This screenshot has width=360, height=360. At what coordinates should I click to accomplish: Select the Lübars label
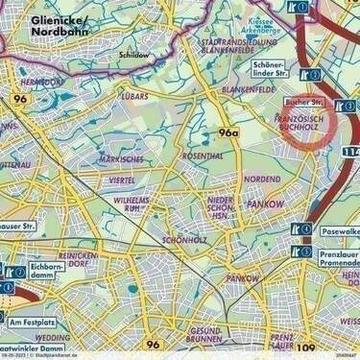point(134,96)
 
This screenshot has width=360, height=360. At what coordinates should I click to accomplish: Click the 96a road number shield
point(228,132)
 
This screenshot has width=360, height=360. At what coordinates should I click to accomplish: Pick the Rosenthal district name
point(203,155)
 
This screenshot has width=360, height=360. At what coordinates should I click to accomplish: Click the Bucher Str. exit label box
point(305,101)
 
